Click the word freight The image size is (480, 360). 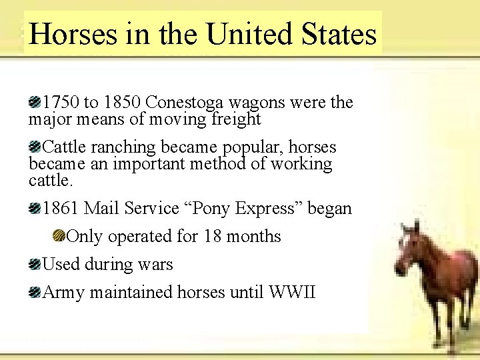point(235,119)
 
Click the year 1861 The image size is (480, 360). point(61,208)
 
